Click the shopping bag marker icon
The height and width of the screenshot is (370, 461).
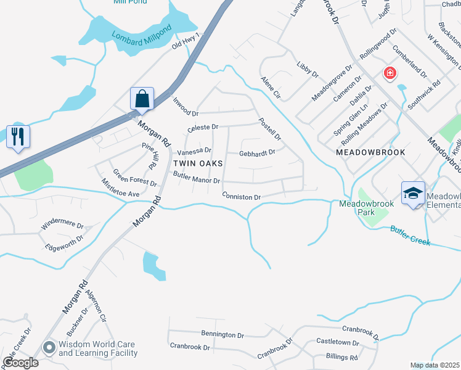click(x=142, y=99)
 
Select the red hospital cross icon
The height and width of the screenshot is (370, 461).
click(x=390, y=74)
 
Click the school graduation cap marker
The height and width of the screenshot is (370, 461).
click(x=412, y=193)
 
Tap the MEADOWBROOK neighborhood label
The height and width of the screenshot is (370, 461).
click(x=370, y=152)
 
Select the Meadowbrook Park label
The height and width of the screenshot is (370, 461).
click(x=357, y=208)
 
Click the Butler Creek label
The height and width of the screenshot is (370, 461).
click(x=410, y=236)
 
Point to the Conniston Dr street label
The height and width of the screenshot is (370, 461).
click(x=242, y=196)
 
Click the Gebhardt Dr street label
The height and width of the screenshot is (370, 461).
click(x=257, y=153)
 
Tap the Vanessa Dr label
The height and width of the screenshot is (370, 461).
click(x=194, y=150)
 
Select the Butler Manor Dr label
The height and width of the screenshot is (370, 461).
click(x=196, y=178)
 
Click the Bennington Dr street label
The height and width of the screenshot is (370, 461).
click(x=222, y=334)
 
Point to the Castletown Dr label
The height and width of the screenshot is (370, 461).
click(x=337, y=342)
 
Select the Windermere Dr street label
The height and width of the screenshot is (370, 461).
click(x=61, y=224)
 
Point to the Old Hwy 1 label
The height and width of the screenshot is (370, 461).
click(x=187, y=41)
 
